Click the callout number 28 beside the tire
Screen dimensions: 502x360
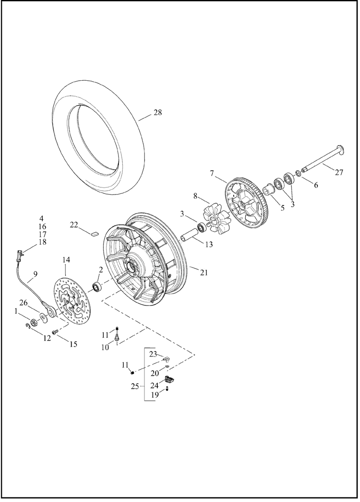[157, 113]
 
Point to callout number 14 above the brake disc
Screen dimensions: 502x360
[66, 260]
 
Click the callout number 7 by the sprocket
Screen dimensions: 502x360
[212, 173]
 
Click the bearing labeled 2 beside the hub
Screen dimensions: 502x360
[98, 287]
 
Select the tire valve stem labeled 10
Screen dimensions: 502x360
[117, 336]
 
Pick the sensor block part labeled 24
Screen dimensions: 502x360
[170, 380]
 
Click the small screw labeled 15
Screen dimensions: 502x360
[54, 332]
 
